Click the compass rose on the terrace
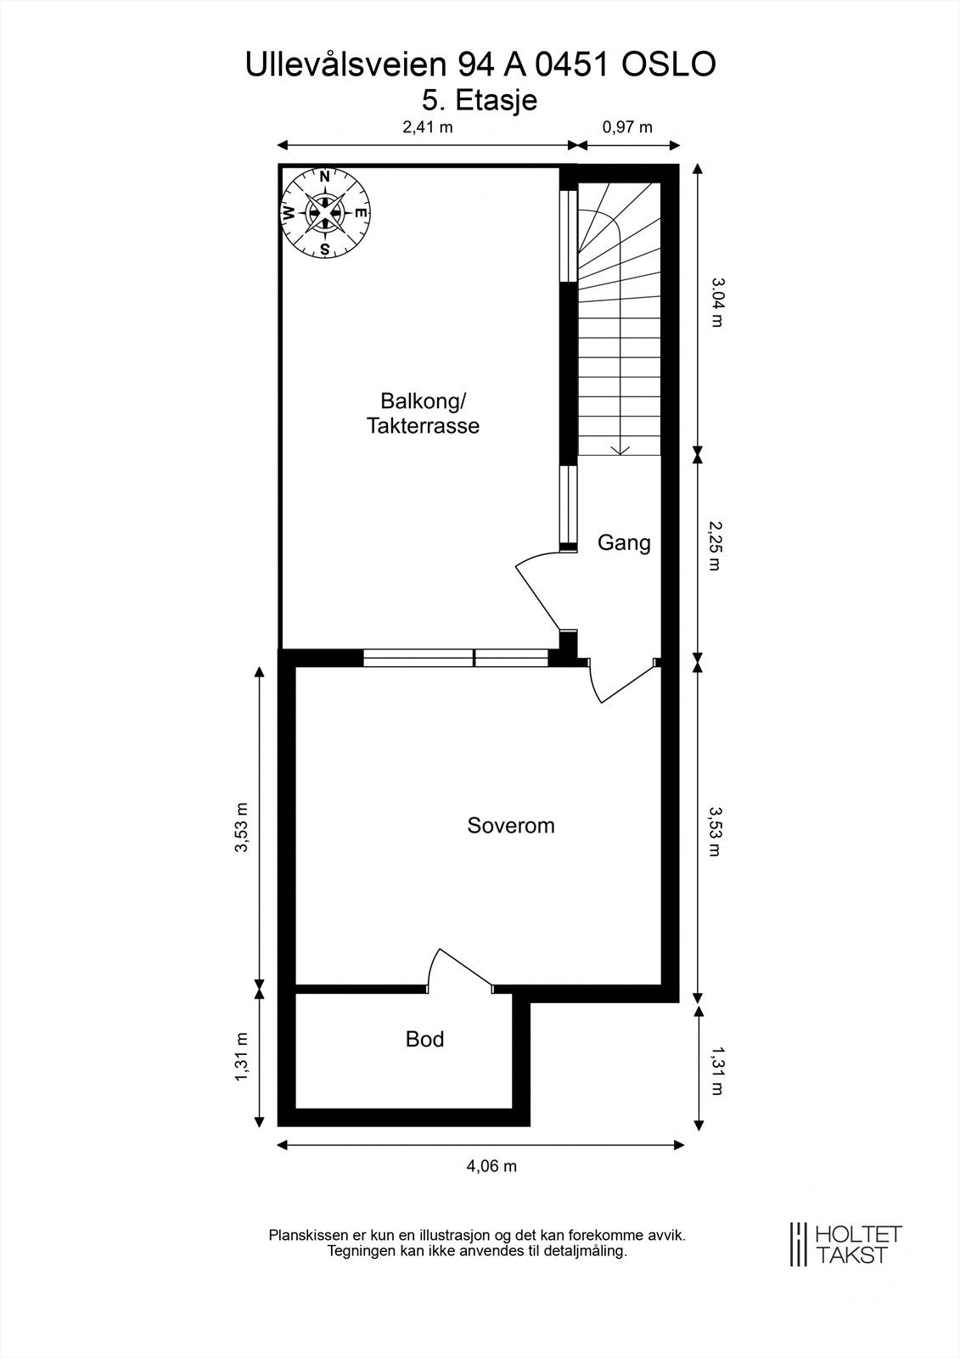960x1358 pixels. [x=325, y=212]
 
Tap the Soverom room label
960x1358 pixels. [x=511, y=826]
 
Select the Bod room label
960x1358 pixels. [x=424, y=1039]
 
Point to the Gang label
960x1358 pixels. [x=624, y=542]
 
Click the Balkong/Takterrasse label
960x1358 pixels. [x=423, y=413]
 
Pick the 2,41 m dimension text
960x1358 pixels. [x=428, y=127]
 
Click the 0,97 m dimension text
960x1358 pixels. [x=627, y=127]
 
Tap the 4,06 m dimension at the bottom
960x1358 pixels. [x=491, y=1166]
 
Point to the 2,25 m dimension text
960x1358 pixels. [x=717, y=547]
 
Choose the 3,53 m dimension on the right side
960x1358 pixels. [x=717, y=831]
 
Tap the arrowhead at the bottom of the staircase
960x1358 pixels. [x=619, y=450]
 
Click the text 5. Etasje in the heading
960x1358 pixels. [x=480, y=100]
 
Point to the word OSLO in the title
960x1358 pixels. [x=670, y=65]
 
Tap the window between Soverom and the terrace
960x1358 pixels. [x=456, y=658]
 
